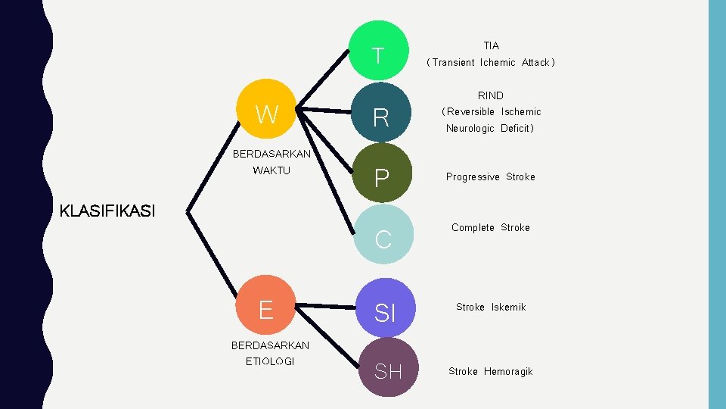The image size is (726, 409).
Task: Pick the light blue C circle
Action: tap(383, 237)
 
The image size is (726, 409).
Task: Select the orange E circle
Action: tap(265, 309)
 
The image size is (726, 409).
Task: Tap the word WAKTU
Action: tap(271, 170)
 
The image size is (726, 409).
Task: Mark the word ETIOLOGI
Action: tap(270, 361)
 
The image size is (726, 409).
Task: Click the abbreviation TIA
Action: tap(492, 45)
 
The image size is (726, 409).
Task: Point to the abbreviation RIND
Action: tap(490, 95)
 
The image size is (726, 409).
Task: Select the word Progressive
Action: tap(473, 176)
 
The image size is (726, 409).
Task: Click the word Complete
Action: tap(473, 227)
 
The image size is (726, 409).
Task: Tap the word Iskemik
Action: tap(508, 307)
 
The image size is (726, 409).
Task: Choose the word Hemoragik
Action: tap(508, 371)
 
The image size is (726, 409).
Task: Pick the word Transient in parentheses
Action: tap(453, 63)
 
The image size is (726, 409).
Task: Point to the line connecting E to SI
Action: tap(325, 306)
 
